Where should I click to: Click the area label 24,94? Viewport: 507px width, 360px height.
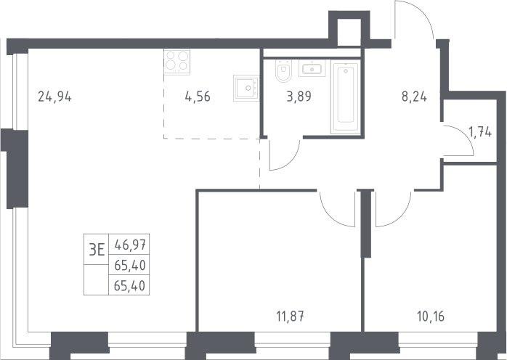coord(54,97)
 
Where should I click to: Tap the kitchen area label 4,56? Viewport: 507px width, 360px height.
coord(198,97)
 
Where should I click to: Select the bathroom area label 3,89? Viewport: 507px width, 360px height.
coord(299,97)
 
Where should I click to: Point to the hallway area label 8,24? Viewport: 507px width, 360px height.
coord(414,97)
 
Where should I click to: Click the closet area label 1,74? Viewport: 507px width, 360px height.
coord(480,133)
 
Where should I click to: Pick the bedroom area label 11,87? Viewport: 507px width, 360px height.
coord(291,316)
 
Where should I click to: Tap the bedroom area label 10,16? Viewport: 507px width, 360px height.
coord(431,316)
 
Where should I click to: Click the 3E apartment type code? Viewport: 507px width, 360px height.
coord(97,250)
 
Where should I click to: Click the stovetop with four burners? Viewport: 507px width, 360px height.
coord(177,62)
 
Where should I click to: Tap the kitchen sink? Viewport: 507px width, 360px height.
coord(246,89)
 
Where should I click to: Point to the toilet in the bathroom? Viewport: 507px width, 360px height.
coord(283,70)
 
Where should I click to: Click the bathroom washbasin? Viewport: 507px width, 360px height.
coord(312,68)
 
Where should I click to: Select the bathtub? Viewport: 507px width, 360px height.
coord(346,97)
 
